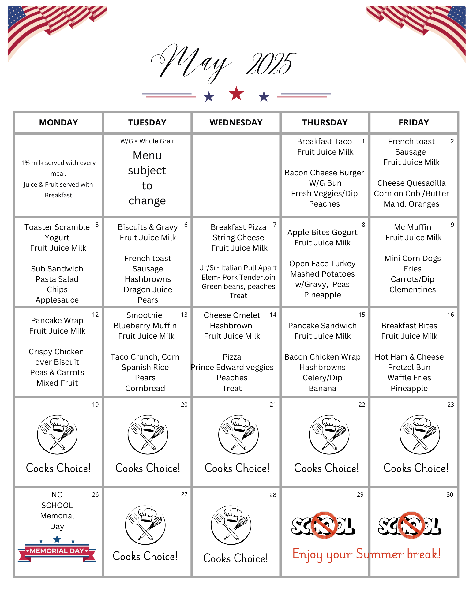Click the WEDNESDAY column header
236,123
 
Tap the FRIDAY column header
414,123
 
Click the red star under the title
236,93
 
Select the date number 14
273,315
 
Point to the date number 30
450,495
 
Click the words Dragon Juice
148,289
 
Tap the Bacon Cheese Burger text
324,173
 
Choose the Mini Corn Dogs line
412,258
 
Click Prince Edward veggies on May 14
232,367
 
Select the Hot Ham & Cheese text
409,357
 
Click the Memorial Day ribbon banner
57,551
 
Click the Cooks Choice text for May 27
145,556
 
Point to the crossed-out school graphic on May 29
323,525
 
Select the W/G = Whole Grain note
148,141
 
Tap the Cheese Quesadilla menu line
411,183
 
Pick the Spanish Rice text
145,367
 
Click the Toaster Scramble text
57,227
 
